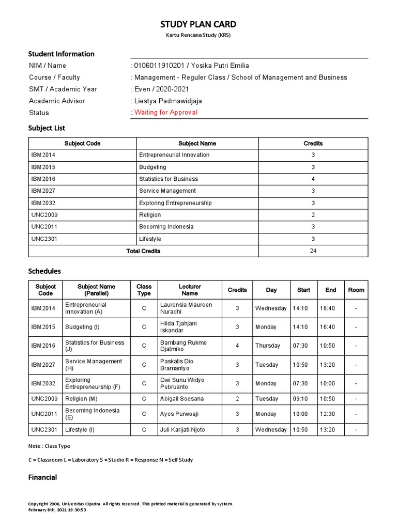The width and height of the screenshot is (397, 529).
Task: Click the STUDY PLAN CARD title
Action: pos(198,24)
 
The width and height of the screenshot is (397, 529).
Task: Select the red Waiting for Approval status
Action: pos(165,113)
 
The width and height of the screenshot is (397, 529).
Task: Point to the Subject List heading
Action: pos(47,128)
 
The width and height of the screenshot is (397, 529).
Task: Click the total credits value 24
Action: pos(313,251)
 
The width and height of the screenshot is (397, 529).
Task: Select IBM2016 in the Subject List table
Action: pos(43,179)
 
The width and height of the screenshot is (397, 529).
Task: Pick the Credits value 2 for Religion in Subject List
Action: pos(313,215)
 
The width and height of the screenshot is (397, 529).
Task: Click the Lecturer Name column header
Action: pos(190,290)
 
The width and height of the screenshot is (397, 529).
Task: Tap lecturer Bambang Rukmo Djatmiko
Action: pos(184,346)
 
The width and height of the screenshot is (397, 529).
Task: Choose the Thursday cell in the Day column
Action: pos(267,346)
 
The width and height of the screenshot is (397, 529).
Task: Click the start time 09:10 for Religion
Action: pos(300,399)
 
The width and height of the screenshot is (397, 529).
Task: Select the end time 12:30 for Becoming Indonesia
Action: pos(327,414)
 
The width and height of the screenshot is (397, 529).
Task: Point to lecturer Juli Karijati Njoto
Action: pos(182,430)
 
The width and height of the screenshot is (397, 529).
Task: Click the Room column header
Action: pos(356,290)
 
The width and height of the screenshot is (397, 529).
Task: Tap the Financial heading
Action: pos(42,478)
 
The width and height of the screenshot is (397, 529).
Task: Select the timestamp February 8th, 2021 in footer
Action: pos(57,510)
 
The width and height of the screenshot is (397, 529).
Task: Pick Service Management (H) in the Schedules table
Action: pos(94,365)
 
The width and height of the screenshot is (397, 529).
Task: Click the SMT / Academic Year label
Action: pos(63,89)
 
